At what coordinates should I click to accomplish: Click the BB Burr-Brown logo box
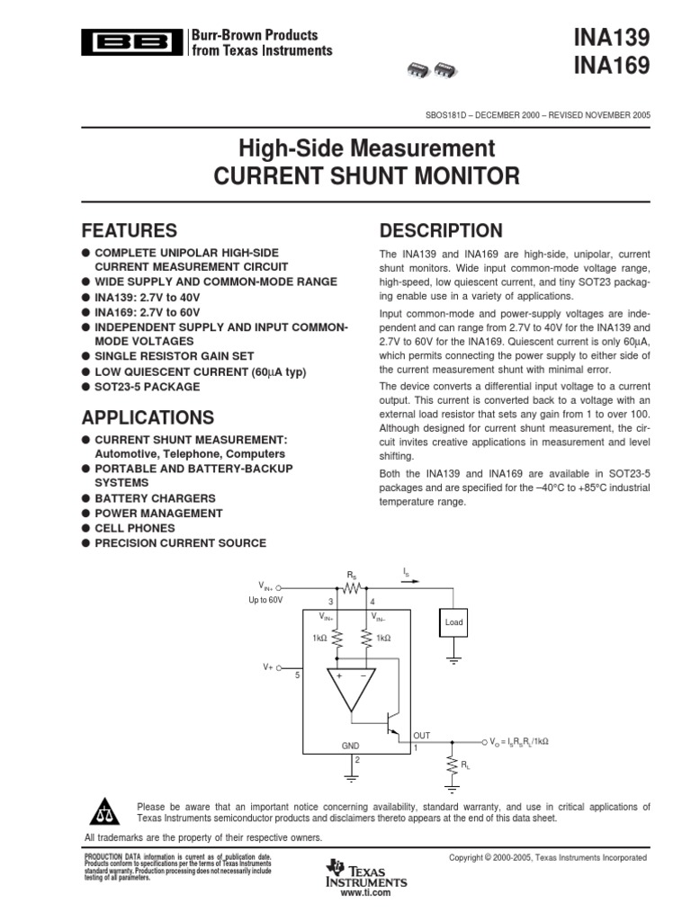click(131, 43)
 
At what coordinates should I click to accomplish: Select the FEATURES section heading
click(129, 230)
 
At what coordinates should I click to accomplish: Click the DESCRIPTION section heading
click(441, 230)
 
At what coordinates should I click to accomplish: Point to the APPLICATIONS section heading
click(148, 417)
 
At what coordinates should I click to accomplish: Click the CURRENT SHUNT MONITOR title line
click(366, 175)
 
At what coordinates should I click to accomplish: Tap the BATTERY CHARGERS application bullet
click(155, 498)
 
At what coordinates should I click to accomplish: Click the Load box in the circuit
click(453, 621)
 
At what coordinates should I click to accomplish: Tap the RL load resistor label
click(465, 764)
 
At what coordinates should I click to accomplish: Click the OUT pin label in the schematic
click(421, 735)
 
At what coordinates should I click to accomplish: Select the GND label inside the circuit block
click(350, 747)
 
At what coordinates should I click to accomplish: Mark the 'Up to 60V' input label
click(265, 599)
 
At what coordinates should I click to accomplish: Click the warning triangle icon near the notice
click(105, 811)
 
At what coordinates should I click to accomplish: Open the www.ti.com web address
click(366, 893)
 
